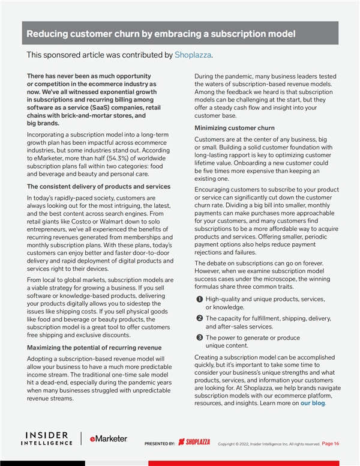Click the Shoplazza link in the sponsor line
click(x=193, y=55)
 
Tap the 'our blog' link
click(x=313, y=403)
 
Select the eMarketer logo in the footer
click(x=108, y=439)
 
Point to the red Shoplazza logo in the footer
click(x=194, y=443)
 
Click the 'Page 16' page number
click(x=331, y=443)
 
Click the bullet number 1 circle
click(x=199, y=298)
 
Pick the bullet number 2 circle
click(x=199, y=318)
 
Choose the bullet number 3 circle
click(x=199, y=337)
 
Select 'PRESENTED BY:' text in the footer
click(x=159, y=443)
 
